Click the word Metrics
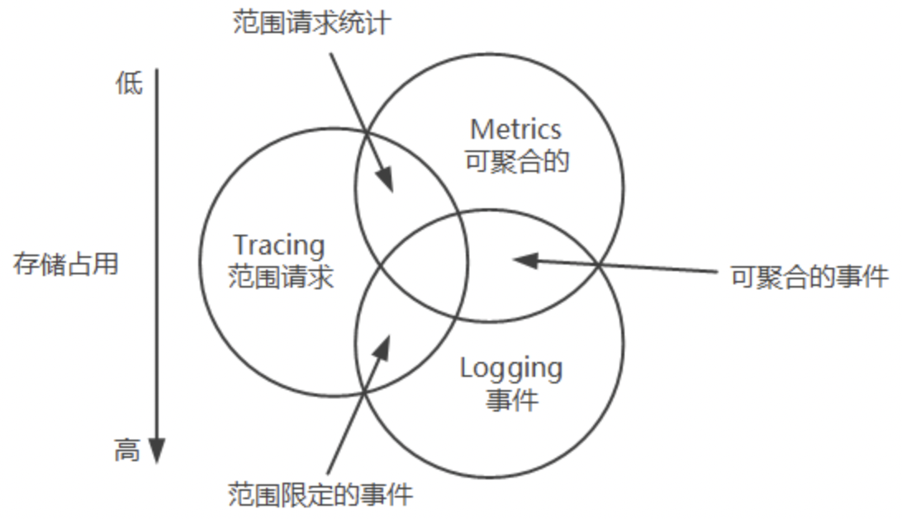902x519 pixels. (515, 130)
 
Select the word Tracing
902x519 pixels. (279, 245)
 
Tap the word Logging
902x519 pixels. (510, 368)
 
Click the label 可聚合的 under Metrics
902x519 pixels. (517, 160)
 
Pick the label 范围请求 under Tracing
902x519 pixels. (280, 276)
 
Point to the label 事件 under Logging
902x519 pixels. (512, 400)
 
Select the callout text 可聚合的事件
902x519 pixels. (809, 276)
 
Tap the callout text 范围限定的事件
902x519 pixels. (320, 494)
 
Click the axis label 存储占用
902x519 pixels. (66, 264)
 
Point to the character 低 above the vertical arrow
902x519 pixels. (129, 83)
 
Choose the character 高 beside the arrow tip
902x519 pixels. (126, 451)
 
